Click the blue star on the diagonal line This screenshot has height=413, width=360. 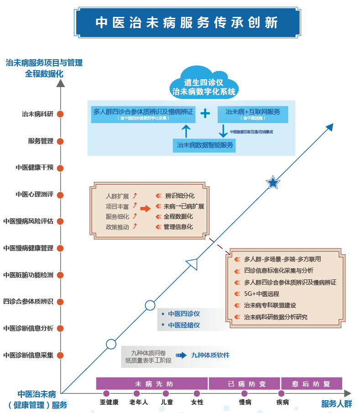coord(273,183)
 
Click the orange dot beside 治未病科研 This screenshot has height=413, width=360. coord(60,114)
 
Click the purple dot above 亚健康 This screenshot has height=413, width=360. coord(106,393)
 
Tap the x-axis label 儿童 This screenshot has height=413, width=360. coord(167,403)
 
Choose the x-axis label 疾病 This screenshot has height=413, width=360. coord(282,403)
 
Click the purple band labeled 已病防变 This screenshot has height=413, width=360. coord(244,383)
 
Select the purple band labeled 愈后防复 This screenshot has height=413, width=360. coord(311,383)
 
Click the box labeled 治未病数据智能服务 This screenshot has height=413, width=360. coord(204,145)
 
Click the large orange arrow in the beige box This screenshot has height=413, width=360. coord(145,209)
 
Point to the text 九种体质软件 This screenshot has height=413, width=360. coord(210,355)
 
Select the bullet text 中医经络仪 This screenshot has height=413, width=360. coord(184,325)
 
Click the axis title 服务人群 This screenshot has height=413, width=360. coord(336,404)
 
